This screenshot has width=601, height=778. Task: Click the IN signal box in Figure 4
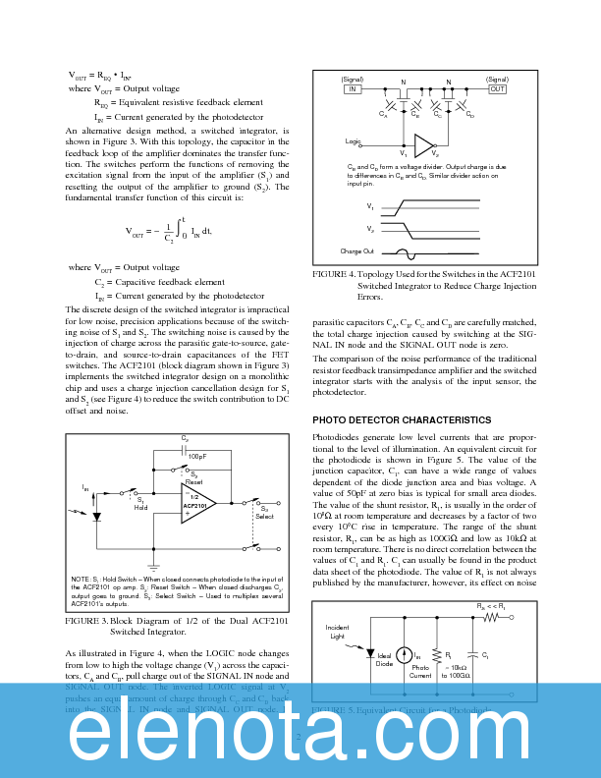(352, 88)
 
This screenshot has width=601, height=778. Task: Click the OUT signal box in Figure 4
(497, 88)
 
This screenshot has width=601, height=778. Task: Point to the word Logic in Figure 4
(354, 141)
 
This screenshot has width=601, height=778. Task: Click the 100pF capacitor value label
(197, 457)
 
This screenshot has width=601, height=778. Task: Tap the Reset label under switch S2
(194, 481)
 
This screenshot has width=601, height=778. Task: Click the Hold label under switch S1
(140, 507)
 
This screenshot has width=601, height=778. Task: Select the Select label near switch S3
(265, 516)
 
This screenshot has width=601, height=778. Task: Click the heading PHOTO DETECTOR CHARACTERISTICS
(401, 419)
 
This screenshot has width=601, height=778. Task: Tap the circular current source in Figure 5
(406, 657)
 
